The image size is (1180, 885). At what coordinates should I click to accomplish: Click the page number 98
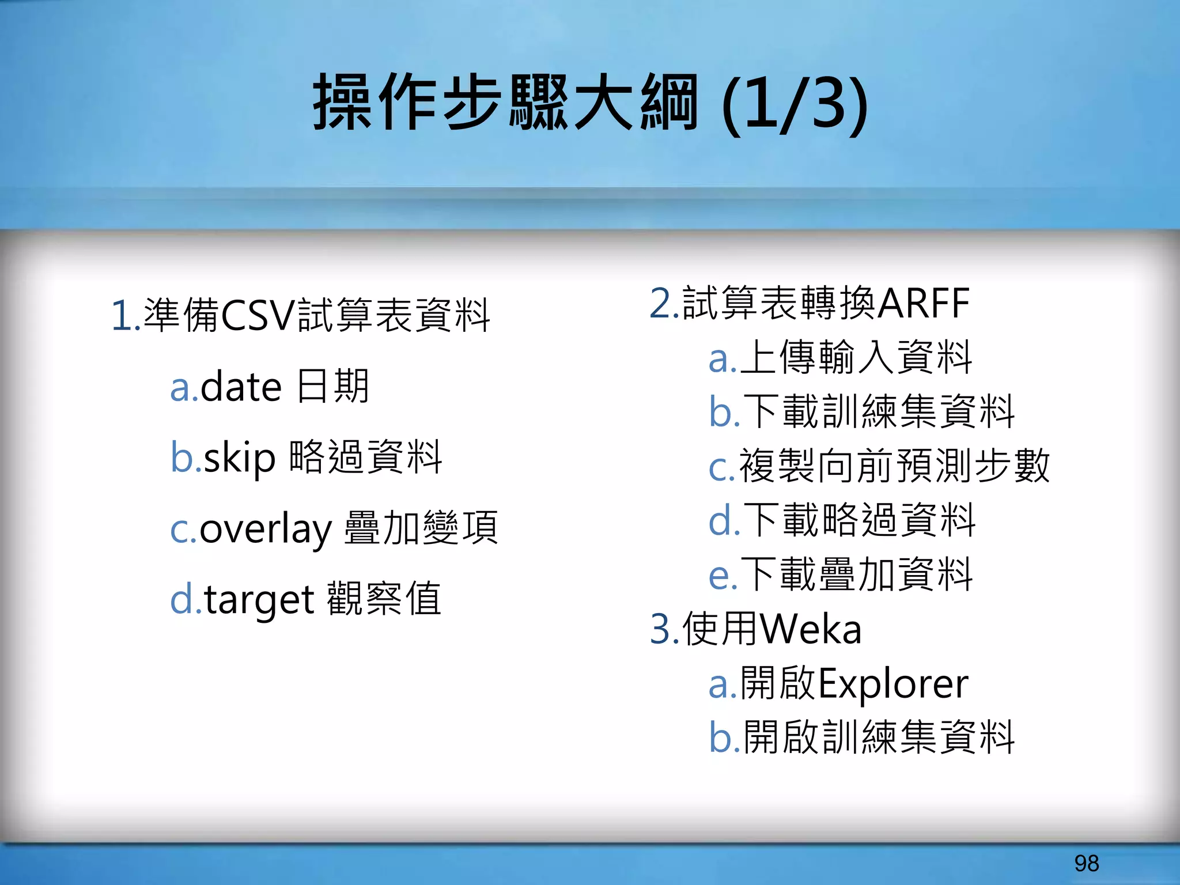[x=1087, y=863]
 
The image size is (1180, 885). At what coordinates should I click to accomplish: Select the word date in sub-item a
[x=241, y=387]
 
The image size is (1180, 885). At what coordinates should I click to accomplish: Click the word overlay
[x=266, y=529]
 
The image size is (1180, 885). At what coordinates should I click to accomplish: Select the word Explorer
[x=893, y=684]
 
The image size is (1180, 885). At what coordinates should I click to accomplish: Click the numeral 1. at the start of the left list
[x=126, y=316]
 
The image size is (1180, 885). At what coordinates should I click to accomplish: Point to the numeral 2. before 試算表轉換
[x=664, y=304]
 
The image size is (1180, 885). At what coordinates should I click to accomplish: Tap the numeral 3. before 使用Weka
[x=664, y=629]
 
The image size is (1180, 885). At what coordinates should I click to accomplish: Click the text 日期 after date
[x=332, y=386]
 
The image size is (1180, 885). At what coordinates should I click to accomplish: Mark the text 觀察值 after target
[x=384, y=599]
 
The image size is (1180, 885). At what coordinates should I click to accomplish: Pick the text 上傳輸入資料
[x=856, y=357]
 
